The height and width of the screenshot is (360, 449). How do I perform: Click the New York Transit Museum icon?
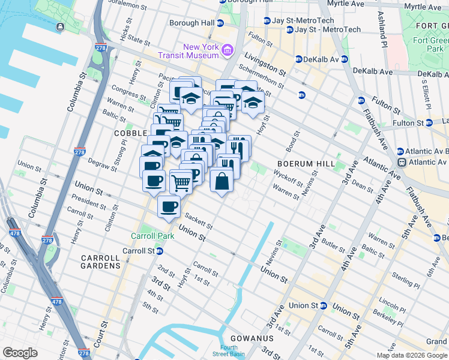[x=228, y=50]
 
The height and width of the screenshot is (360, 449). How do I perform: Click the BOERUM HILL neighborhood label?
[x=301, y=164]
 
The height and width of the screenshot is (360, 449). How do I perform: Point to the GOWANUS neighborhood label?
[x=255, y=338]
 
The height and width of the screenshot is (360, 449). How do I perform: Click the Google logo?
[x=20, y=352]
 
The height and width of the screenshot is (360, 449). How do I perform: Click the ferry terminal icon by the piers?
[x=61, y=27]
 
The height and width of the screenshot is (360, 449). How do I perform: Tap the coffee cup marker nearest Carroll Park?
[x=169, y=208]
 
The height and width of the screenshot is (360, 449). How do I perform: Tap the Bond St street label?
[x=293, y=142]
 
